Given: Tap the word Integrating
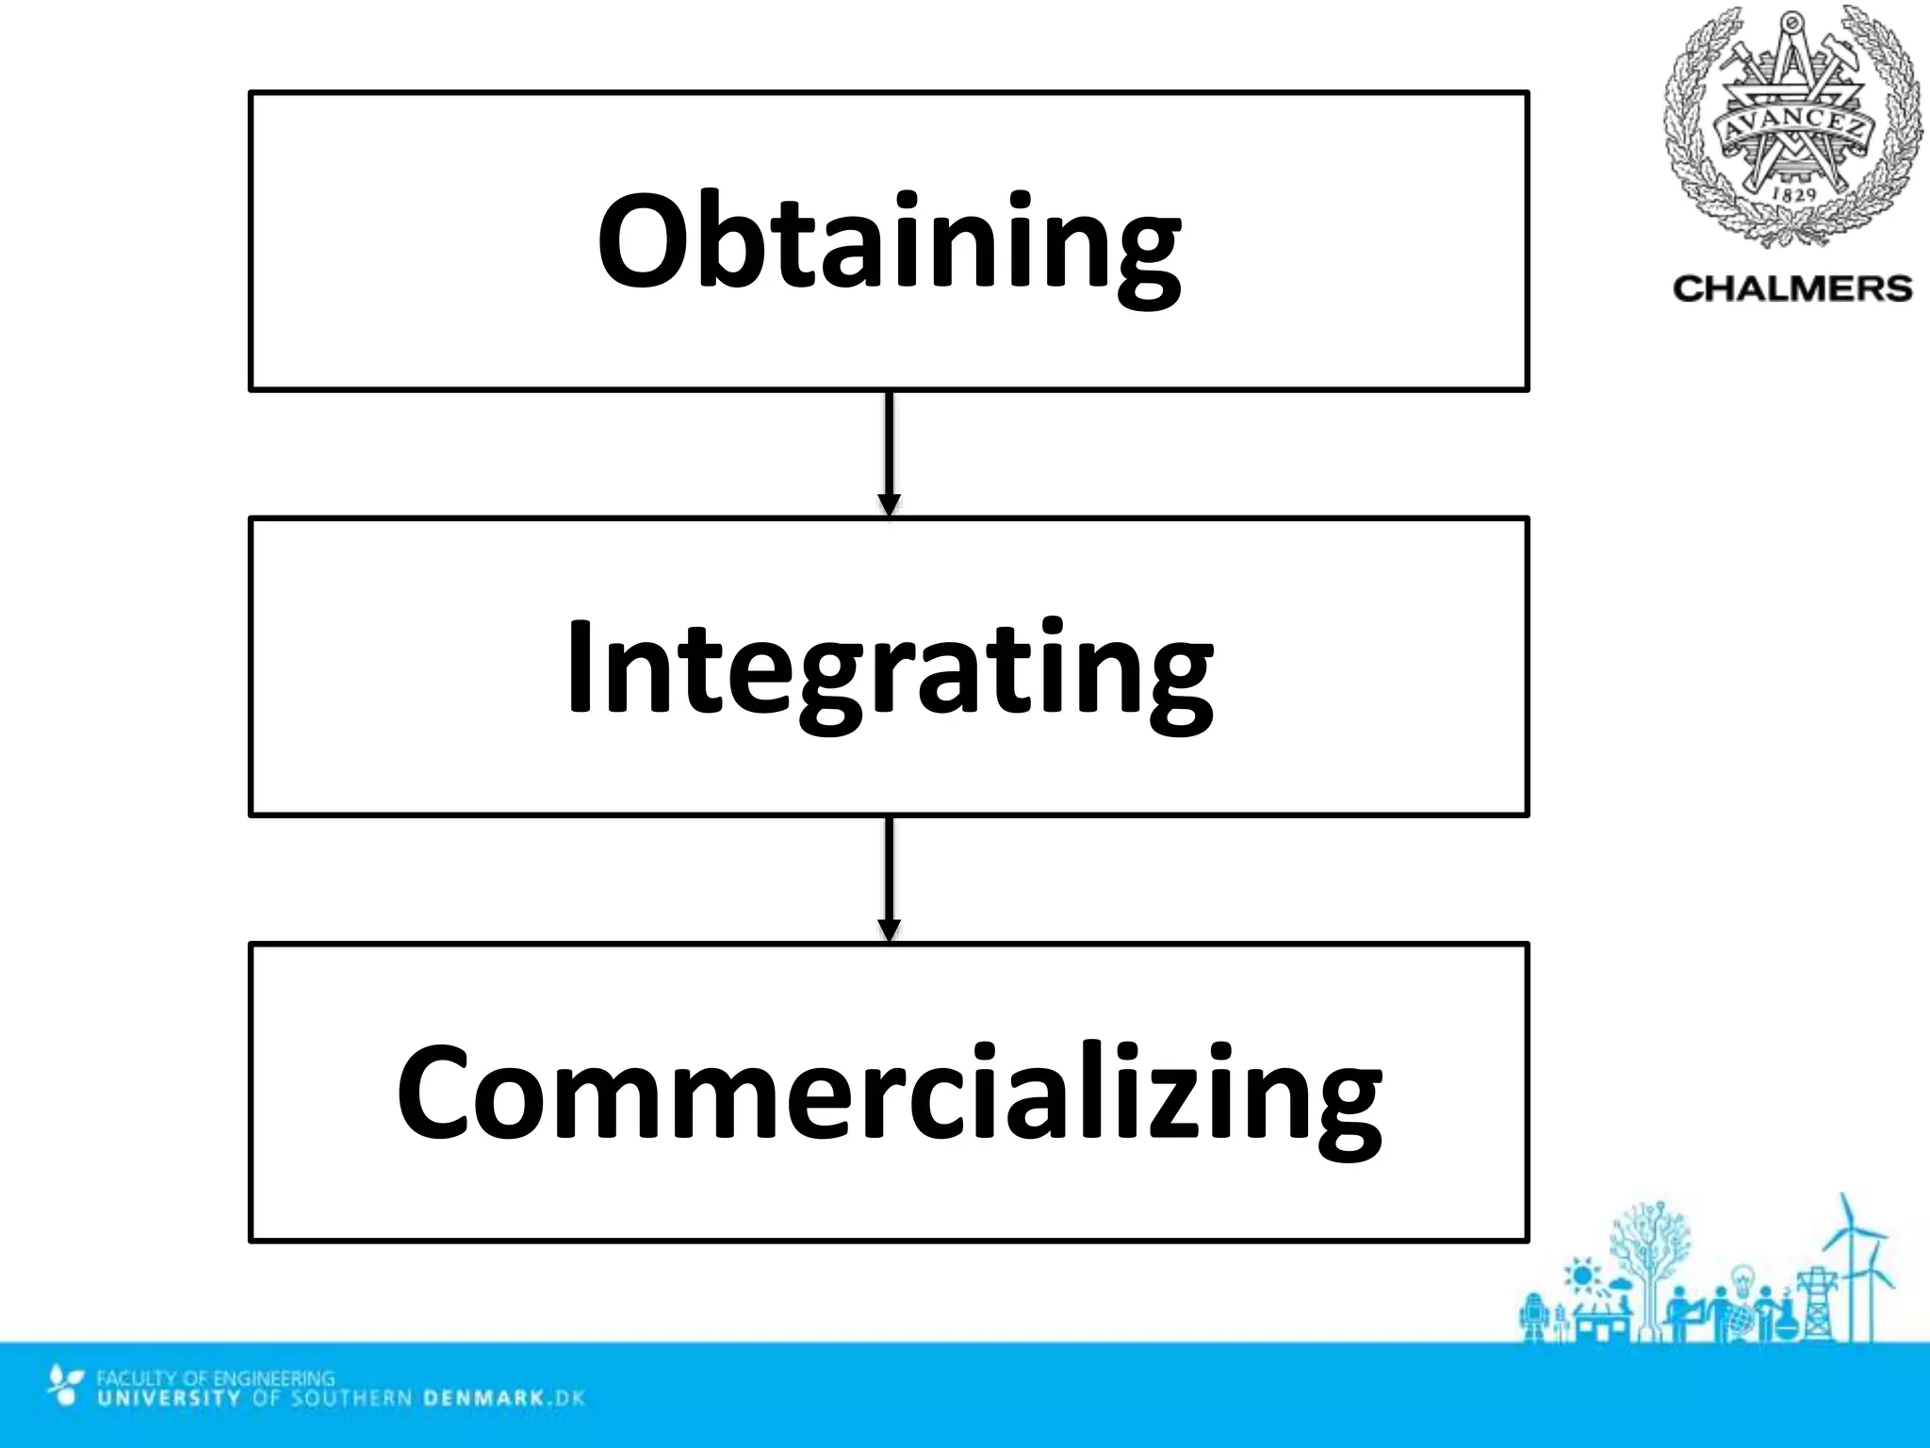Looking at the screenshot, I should pyautogui.click(x=889, y=669).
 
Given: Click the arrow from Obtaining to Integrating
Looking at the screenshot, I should pyautogui.click(x=889, y=452).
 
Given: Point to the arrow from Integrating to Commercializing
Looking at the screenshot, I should pyautogui.click(x=889, y=879).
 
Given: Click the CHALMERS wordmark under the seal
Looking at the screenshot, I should pyautogui.click(x=1792, y=288).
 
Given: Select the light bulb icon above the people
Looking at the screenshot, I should pyautogui.click(x=1743, y=1280).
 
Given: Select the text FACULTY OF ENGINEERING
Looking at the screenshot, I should pyautogui.click(x=215, y=1378).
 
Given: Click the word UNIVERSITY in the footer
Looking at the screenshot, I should pyautogui.click(x=170, y=1397).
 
